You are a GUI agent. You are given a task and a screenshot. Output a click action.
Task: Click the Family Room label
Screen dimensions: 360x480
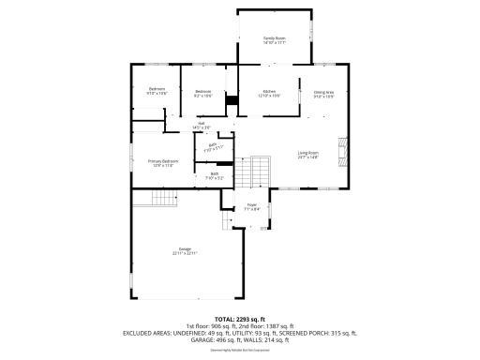click(274, 39)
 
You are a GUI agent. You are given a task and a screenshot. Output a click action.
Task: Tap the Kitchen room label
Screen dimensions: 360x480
click(269, 93)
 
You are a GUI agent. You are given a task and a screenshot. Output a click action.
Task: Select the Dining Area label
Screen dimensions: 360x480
click(323, 93)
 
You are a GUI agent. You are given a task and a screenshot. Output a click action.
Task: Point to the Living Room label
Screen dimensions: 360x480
click(308, 154)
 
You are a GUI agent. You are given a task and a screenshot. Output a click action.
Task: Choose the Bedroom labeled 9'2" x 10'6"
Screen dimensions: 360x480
click(203, 93)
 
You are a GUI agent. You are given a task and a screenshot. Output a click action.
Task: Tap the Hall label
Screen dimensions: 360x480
click(201, 125)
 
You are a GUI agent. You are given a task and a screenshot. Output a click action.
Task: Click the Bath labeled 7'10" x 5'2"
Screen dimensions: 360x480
click(215, 175)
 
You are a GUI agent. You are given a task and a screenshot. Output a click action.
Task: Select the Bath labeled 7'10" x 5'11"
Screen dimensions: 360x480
click(214, 146)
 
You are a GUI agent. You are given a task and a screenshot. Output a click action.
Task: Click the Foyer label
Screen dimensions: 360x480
click(251, 206)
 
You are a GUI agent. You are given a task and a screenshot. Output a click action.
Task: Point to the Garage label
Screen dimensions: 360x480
click(184, 250)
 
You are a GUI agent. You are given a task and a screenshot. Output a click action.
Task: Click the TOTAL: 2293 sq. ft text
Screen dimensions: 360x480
click(240, 319)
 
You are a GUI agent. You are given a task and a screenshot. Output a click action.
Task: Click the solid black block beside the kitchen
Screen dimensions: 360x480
click(232, 95)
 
